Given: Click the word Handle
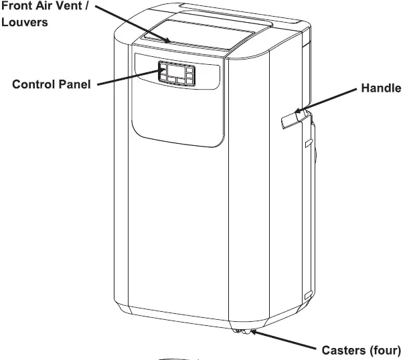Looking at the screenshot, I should [381, 88].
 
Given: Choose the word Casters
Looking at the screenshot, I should [345, 349].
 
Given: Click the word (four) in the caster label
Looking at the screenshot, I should [386, 349].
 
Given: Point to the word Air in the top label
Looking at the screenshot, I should [48, 7].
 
